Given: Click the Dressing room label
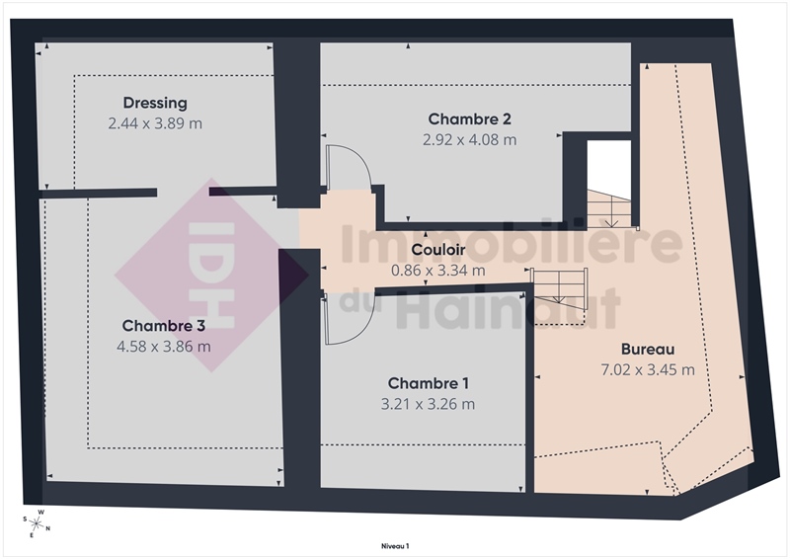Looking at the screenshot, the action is [x=155, y=103].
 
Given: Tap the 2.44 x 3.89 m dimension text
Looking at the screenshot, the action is [x=155, y=123].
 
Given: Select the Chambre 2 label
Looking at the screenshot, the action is [x=470, y=119].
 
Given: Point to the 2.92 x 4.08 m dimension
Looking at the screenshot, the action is [x=470, y=139].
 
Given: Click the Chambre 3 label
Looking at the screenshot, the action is [x=164, y=326].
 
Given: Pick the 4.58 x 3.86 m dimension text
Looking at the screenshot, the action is [x=164, y=347].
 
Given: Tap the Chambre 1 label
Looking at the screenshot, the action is [x=429, y=383].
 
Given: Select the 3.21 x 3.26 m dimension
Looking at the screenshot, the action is [x=428, y=404].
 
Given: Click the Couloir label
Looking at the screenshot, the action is [x=438, y=250].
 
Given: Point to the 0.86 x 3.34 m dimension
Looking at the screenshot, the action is [x=438, y=271].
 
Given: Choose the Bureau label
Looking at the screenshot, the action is [x=648, y=349].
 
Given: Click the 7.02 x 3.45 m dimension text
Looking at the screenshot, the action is [x=648, y=369].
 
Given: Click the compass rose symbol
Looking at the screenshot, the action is [x=37, y=523].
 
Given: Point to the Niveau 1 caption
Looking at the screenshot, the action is [x=395, y=546].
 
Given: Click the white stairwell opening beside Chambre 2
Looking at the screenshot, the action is [x=609, y=166].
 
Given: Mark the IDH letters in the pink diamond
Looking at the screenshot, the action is [x=211, y=276].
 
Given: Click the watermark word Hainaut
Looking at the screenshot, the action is [x=509, y=307].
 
